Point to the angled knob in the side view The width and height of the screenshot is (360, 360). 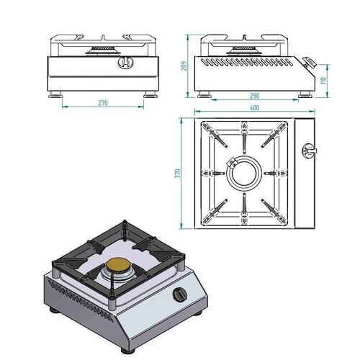click(x=310, y=63)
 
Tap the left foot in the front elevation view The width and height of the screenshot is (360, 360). click(x=55, y=93)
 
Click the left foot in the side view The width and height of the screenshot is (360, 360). click(x=205, y=92)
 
